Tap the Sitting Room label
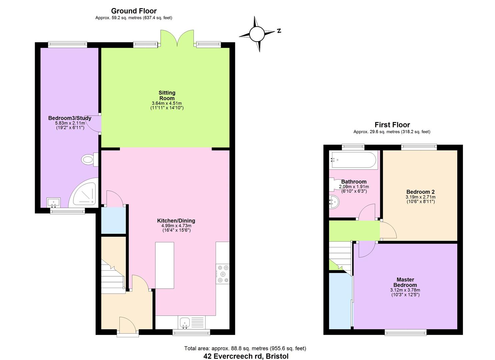click(x=167, y=96)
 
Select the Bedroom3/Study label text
click(x=70, y=118)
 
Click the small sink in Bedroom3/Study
click(x=53, y=202)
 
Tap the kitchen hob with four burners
click(x=222, y=274)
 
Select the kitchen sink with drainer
click(x=191, y=322)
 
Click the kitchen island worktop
click(x=165, y=265)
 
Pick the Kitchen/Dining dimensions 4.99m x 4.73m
click(x=176, y=226)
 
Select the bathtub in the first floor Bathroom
click(x=353, y=160)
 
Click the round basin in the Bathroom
click(x=334, y=202)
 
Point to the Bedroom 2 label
click(x=420, y=192)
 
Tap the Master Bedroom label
click(x=405, y=282)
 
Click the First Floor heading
click(x=392, y=125)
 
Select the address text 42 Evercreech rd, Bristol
click(x=246, y=356)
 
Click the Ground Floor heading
click(x=134, y=11)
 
